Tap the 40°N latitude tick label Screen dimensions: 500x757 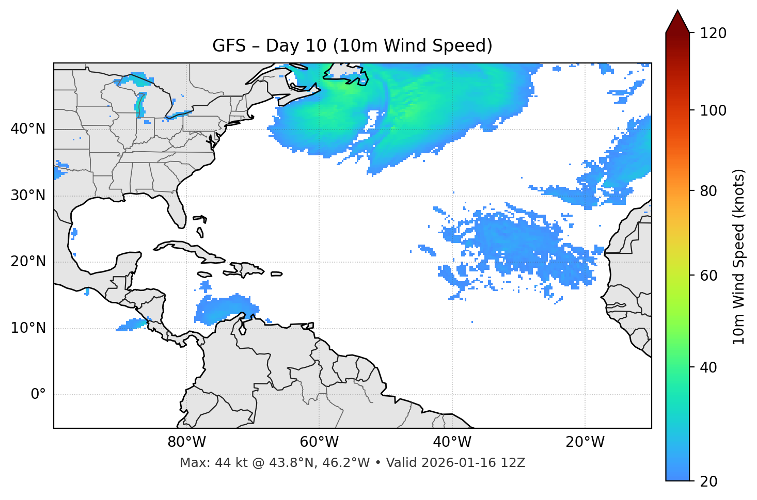coord(28,129)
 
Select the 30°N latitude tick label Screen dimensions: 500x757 coord(28,196)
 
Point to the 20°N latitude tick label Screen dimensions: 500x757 coord(28,262)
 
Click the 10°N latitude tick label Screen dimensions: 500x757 coord(28,328)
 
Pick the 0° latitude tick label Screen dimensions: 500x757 coord(38,395)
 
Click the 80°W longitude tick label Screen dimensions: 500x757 coord(186,442)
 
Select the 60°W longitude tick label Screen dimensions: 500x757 coord(319,442)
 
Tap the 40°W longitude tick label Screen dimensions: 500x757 coord(452,442)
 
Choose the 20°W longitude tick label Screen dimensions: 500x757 coord(585,442)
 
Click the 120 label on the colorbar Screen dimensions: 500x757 coord(713,34)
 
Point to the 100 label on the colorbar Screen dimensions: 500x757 coord(713,110)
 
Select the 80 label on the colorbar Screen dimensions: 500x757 coord(708,191)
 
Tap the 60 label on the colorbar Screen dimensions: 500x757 coord(708,276)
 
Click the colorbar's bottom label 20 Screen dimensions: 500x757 coord(708,481)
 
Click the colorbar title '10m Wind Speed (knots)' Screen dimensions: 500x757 coord(739,256)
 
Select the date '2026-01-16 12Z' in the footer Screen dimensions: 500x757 coord(473,463)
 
